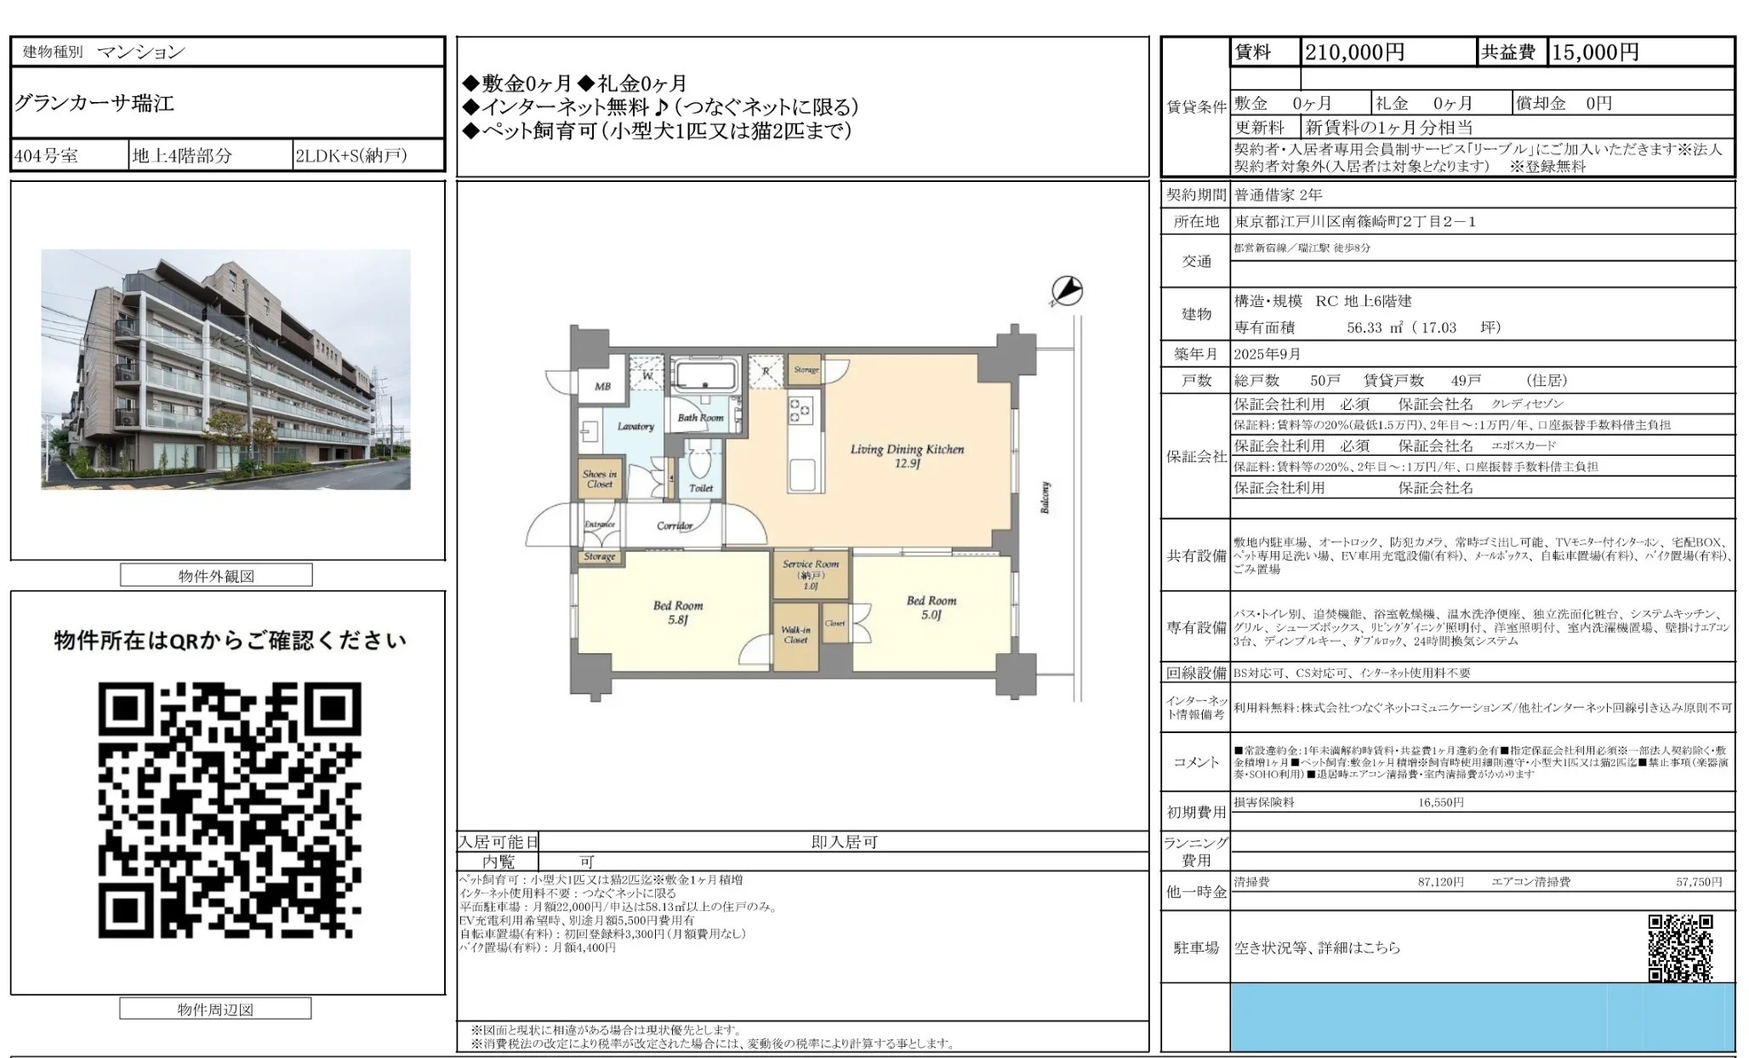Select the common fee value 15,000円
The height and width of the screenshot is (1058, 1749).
click(1595, 53)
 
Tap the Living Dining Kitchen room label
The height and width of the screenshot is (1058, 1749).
click(907, 456)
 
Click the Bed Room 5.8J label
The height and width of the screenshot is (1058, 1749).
click(678, 612)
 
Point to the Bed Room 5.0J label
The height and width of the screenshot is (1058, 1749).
click(931, 607)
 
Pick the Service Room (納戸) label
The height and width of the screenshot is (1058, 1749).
click(811, 574)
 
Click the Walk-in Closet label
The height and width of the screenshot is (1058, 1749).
click(795, 634)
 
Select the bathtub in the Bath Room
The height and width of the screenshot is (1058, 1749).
click(706, 374)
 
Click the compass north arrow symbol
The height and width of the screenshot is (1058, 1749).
click(1066, 291)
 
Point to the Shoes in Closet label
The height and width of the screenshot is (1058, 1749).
click(600, 479)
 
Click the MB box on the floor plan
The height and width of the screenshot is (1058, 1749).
click(602, 386)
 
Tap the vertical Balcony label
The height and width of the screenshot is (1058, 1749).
click(1045, 498)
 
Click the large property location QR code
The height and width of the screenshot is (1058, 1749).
click(229, 809)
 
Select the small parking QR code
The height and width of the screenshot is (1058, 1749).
click(1680, 947)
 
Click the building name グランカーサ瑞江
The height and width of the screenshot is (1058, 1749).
click(94, 104)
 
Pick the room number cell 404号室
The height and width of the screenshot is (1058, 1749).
click(46, 156)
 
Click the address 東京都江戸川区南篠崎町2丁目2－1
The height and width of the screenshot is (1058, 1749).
click(1355, 222)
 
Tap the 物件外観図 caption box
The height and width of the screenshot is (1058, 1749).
click(216, 576)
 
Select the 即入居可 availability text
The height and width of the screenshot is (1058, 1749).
click(844, 842)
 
